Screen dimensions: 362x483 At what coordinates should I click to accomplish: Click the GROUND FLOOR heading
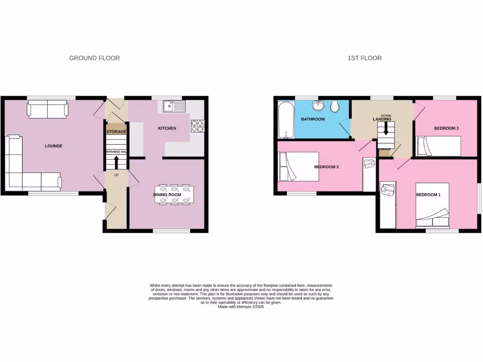(94, 58)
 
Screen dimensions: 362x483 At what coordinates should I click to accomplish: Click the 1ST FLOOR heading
(365, 58)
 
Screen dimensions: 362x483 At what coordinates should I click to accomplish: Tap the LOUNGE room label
(54, 146)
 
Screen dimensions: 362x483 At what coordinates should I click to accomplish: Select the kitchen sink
(174, 107)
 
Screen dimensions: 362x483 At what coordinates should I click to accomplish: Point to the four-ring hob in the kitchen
(197, 126)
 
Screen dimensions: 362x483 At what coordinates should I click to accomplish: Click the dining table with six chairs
(174, 194)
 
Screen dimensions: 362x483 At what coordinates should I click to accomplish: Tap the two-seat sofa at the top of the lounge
(48, 110)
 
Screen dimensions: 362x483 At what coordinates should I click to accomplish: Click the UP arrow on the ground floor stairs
(116, 162)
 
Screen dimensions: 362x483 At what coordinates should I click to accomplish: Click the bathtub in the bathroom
(286, 120)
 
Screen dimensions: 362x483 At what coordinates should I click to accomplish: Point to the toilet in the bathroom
(336, 107)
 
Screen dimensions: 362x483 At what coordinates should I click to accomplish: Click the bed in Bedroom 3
(438, 146)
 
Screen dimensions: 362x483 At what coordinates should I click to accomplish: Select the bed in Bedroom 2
(299, 167)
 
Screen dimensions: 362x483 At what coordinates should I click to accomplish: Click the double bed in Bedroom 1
(432, 206)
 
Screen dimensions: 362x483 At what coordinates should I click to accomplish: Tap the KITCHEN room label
(167, 128)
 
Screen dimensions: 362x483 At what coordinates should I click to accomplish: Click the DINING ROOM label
(167, 195)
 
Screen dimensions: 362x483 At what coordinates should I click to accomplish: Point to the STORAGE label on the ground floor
(116, 132)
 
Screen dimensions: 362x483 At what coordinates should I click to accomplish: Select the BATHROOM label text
(313, 119)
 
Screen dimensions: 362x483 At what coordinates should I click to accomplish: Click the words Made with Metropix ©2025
(241, 307)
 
